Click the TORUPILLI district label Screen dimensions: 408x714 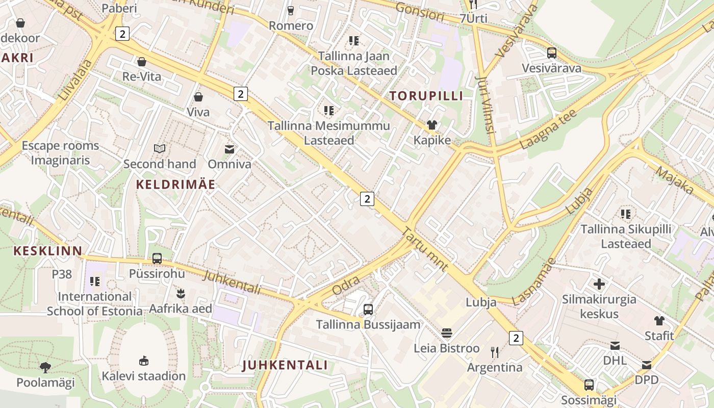(426, 96)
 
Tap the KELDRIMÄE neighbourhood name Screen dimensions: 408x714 (175, 185)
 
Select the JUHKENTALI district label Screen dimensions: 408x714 (285, 365)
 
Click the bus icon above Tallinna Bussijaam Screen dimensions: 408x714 (368, 309)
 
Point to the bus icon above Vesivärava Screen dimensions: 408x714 (551, 53)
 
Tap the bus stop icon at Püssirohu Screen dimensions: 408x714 (157, 259)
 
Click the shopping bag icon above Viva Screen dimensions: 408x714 (198, 97)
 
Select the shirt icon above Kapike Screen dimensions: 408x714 (432, 125)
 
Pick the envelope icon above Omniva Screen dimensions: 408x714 (229, 149)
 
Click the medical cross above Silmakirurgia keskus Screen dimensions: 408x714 (599, 284)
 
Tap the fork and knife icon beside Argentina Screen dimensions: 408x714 (494, 352)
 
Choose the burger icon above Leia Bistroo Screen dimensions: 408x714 (447, 334)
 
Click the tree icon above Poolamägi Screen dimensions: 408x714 (45, 367)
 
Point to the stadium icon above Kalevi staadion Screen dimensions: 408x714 (144, 361)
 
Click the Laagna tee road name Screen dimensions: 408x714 (548, 129)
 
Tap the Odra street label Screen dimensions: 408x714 (346, 286)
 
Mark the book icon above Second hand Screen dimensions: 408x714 (160, 149)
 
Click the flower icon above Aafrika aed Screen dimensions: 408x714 (180, 294)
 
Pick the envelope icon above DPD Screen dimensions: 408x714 (647, 365)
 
